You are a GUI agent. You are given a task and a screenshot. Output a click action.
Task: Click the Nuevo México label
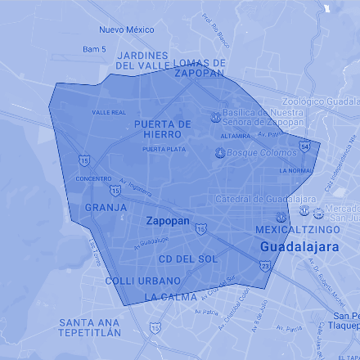click(127, 29)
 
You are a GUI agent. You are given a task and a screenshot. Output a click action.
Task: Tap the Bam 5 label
click(94, 49)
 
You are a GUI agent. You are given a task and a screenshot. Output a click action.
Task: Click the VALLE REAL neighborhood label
click(109, 112)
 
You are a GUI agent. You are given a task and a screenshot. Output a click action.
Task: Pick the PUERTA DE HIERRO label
click(162, 128)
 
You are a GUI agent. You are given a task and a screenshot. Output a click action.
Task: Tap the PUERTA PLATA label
click(163, 150)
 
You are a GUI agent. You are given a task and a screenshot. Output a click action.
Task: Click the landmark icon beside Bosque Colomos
click(219, 153)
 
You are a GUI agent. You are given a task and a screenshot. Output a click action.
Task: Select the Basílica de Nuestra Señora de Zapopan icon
click(215, 117)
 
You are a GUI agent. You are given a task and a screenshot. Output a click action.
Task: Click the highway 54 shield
click(304, 146)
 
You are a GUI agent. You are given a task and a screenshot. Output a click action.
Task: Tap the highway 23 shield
click(264, 266)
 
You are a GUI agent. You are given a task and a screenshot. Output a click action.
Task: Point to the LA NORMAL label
click(295, 171)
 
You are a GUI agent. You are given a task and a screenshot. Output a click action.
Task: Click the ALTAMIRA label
click(236, 136)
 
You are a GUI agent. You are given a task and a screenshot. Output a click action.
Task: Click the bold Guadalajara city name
click(296, 246)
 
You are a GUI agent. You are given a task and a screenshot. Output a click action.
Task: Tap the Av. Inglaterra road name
click(135, 187)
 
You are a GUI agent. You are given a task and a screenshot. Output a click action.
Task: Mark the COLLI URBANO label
click(142, 281)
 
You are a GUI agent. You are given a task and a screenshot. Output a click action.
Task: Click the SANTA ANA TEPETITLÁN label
click(90, 327)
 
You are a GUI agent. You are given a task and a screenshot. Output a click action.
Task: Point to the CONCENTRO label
click(93, 178)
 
